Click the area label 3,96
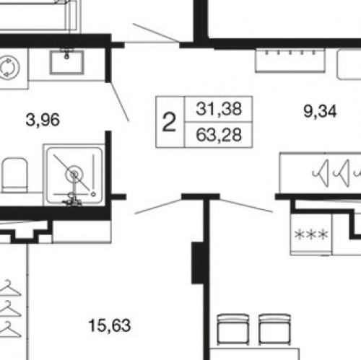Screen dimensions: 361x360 (43, 120)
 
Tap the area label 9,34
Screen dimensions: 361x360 (320, 111)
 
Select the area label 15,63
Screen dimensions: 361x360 (110, 325)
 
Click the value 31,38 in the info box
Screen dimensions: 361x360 (219, 109)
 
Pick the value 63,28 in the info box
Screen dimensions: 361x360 (219, 135)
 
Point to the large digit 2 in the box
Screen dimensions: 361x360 (169, 122)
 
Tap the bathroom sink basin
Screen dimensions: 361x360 (67, 62)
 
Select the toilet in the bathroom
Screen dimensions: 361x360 (14, 175)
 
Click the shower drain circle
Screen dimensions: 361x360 (74, 174)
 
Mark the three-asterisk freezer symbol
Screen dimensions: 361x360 (311, 234)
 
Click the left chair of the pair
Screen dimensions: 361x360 (232, 330)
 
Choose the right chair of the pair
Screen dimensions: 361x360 (274, 330)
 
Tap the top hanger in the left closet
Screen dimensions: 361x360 (10, 288)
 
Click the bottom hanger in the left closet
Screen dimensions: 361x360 (10, 329)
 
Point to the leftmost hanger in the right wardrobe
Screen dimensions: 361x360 (321, 173)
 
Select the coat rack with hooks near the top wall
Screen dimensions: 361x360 (290, 60)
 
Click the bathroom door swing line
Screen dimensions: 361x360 (120, 102)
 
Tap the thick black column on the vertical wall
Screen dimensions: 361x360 (198, 263)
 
